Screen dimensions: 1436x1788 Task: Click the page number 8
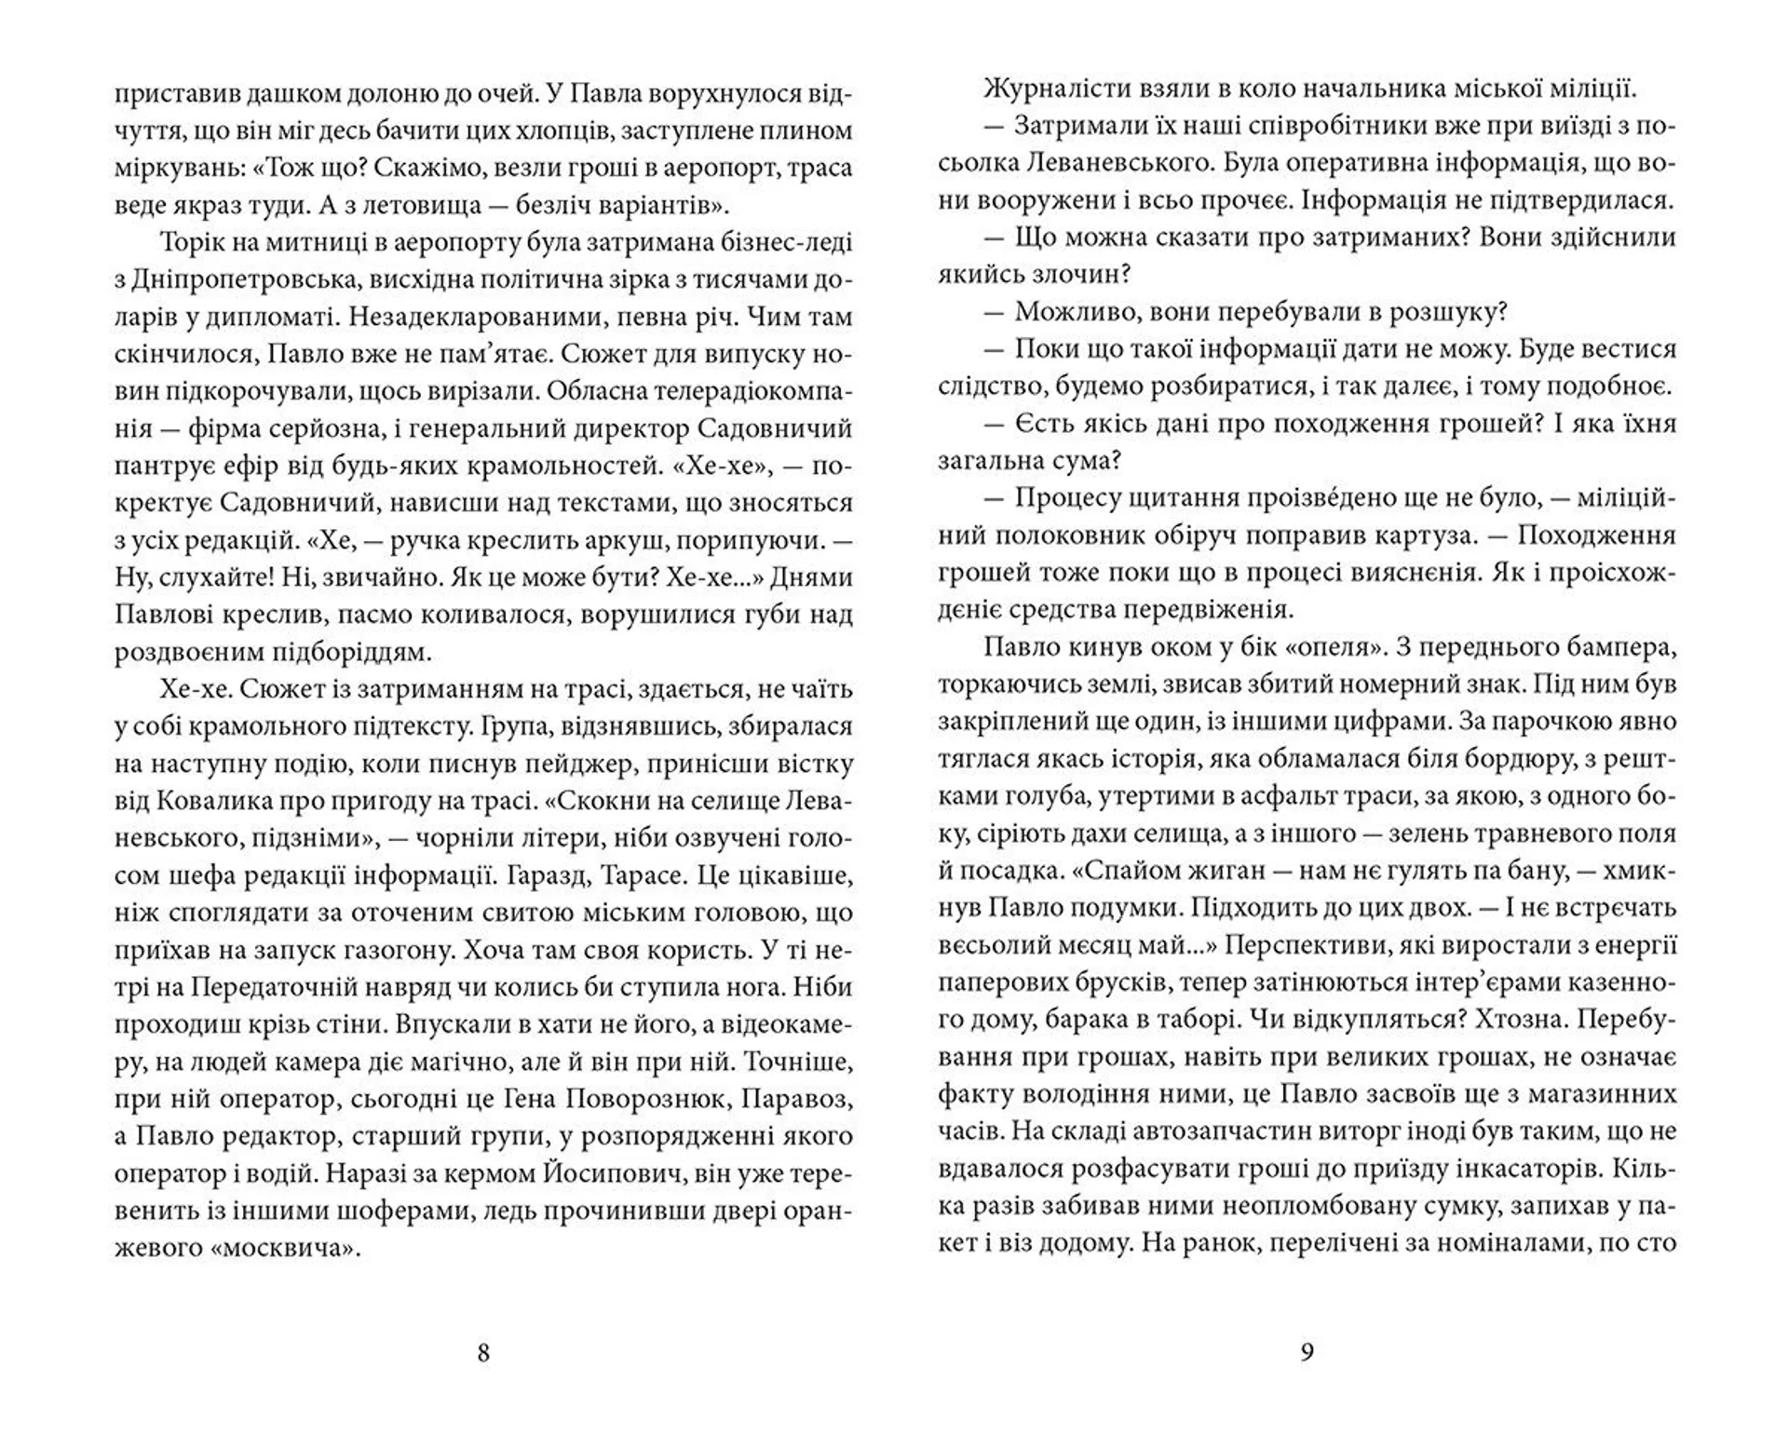482,1353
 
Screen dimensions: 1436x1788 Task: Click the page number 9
1306,1353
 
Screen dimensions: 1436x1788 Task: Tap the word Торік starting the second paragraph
192,243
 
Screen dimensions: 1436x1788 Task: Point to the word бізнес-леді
792,243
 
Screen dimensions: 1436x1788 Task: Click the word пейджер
558,765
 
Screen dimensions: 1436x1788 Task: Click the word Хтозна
1519,1020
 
